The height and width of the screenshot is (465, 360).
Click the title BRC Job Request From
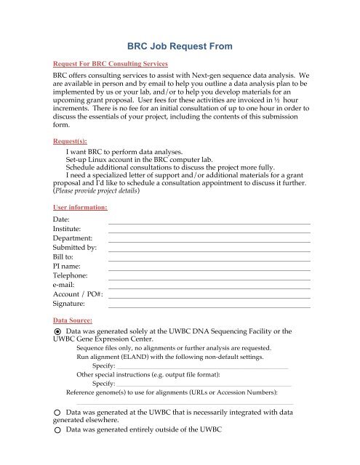pos(179,46)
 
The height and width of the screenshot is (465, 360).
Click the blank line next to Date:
pos(209,222)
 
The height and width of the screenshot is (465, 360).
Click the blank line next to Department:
pos(209,240)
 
